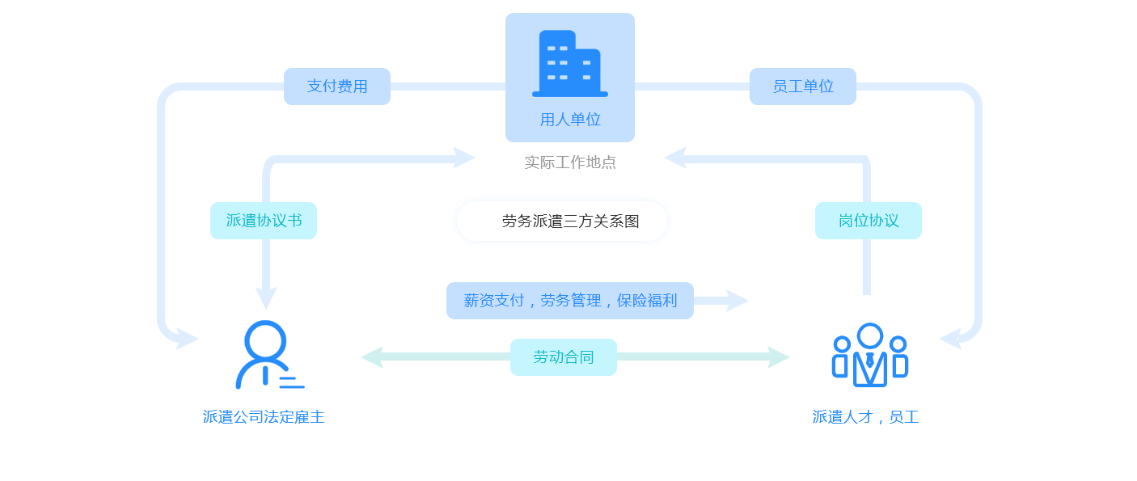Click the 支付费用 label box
[336, 86]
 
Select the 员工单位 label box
[802, 86]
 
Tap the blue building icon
[569, 64]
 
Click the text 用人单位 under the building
[570, 120]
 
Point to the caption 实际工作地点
[570, 162]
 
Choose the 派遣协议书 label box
[264, 221]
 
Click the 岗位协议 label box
[868, 221]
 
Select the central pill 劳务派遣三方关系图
[562, 221]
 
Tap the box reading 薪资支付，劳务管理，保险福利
[569, 301]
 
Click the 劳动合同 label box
[563, 357]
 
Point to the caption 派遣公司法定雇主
[264, 417]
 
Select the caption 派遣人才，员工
[865, 417]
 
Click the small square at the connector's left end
[372, 357]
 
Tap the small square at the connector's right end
[779, 357]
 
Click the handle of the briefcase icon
[265, 330]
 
